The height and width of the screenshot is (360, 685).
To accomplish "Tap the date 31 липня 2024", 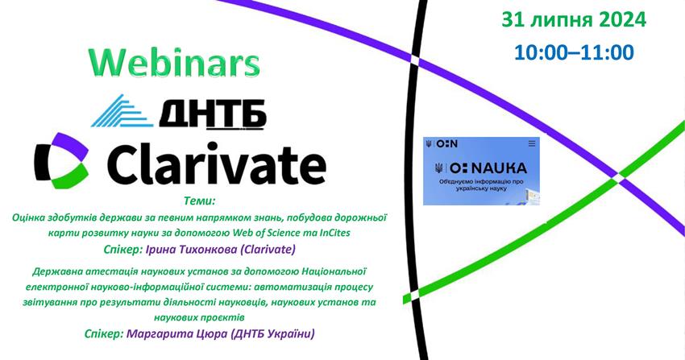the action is coord(574,19).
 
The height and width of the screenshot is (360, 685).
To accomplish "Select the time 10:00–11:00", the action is coord(574,52).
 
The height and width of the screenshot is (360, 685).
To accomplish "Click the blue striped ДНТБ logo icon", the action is coord(122,111).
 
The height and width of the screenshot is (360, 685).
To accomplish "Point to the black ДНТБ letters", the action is coord(212,114).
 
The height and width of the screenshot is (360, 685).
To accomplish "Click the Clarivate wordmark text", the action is coord(217,162).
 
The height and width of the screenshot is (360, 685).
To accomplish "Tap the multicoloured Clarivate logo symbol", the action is coord(61,160).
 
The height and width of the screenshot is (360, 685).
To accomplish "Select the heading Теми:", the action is coord(200,201).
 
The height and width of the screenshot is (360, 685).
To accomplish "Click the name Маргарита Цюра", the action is coord(176,333).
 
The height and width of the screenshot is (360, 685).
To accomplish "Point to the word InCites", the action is coord(334,233).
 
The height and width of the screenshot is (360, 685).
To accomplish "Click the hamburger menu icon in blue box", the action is coord(532,143).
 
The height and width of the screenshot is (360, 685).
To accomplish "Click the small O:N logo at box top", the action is coord(446,143).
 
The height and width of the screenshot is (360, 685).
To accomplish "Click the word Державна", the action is coord(52,272).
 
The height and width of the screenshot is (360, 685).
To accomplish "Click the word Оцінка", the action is coord(27,217).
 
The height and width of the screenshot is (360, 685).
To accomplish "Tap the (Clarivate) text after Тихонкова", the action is coord(268,249).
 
